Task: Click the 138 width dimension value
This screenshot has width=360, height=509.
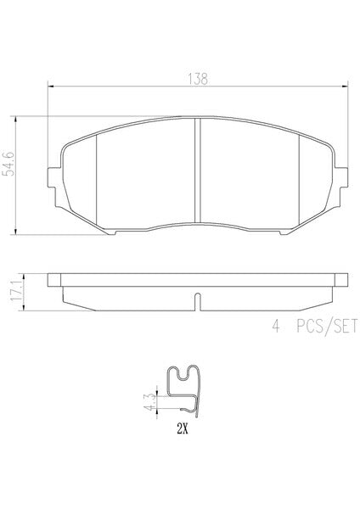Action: pyautogui.click(x=198, y=79)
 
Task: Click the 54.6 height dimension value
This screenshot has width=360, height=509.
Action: pyautogui.click(x=9, y=164)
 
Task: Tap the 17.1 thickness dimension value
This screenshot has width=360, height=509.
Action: pyautogui.click(x=16, y=292)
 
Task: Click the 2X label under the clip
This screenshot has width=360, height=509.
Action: pyautogui.click(x=183, y=429)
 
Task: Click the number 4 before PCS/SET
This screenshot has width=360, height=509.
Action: pyautogui.click(x=276, y=326)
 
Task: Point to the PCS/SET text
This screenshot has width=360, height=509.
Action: pyautogui.click(x=327, y=326)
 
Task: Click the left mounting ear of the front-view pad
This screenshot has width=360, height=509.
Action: pyautogui.click(x=52, y=177)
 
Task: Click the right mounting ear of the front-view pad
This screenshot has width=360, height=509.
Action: pyautogui.click(x=343, y=177)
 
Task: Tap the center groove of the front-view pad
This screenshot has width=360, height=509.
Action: pyautogui.click(x=197, y=171)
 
